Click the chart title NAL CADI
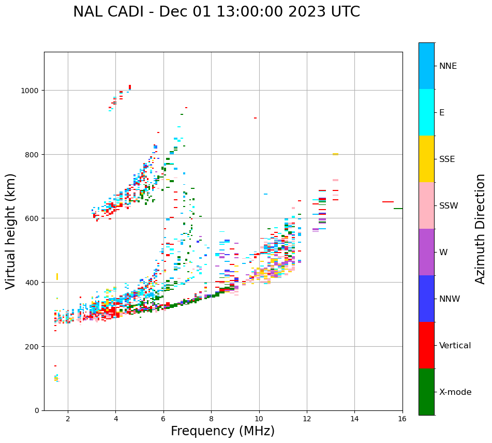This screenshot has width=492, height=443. (216, 12)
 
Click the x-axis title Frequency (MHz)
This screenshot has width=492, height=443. (222, 431)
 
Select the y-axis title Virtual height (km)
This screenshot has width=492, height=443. (11, 231)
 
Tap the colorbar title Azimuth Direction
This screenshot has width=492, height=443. (481, 229)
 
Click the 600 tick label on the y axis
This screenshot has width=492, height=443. (33, 218)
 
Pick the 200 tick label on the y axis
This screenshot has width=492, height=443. (33, 346)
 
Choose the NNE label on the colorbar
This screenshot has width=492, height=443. (448, 66)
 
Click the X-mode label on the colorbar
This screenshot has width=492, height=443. (455, 392)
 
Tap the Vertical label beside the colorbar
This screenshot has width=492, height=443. (455, 346)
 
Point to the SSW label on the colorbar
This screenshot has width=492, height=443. (449, 206)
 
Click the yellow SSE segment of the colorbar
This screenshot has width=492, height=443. (426, 159)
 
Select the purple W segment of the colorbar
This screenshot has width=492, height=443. (426, 252)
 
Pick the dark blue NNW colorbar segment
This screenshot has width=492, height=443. (426, 299)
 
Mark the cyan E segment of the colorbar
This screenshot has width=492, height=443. (426, 112)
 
